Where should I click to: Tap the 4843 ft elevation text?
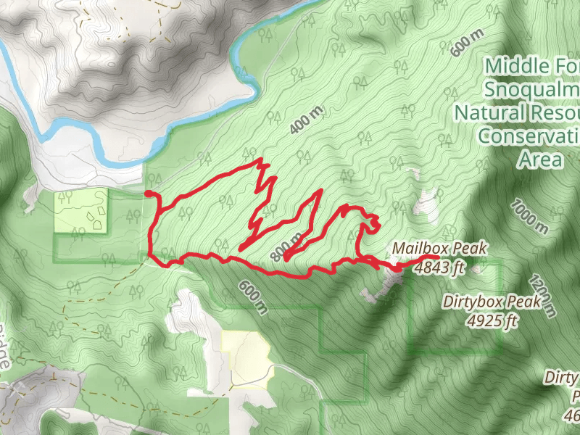tap(439, 268)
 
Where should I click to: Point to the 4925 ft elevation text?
tap(492, 320)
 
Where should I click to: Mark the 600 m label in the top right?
tap(466, 43)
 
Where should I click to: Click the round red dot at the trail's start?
tap(148, 194)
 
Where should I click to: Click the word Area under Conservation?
tap(539, 159)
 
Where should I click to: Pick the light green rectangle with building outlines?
tap(80, 212)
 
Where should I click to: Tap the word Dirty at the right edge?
tap(563, 378)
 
